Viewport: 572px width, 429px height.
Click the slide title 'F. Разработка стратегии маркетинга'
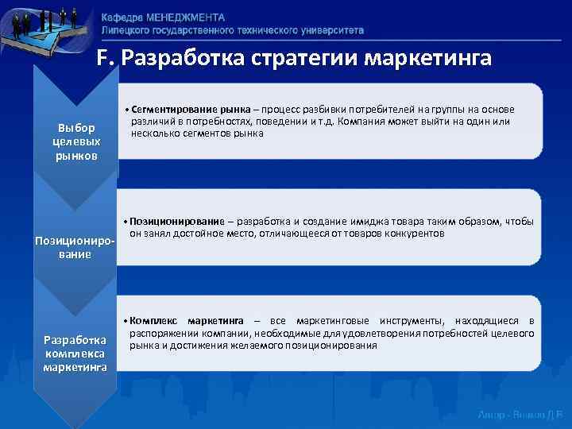(x=294, y=59)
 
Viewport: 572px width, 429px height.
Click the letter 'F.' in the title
(x=106, y=59)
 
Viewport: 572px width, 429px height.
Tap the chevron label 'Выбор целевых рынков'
(x=76, y=141)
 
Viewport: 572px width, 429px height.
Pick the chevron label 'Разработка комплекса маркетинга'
(x=75, y=353)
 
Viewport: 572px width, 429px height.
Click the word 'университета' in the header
(x=327, y=29)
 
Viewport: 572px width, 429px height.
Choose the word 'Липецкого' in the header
(x=127, y=29)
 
